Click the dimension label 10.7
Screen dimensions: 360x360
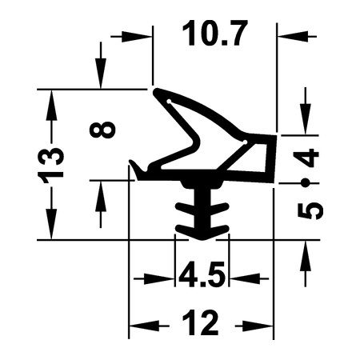(215, 34)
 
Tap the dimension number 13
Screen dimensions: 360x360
(50, 166)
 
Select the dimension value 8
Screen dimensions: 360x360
(102, 130)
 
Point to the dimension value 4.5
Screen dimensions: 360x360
(202, 274)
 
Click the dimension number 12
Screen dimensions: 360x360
(201, 322)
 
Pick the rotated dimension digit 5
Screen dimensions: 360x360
(310, 211)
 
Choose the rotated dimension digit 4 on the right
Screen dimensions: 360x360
(306, 158)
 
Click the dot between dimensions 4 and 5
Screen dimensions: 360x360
(306, 183)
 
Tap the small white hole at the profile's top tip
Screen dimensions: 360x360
(169, 102)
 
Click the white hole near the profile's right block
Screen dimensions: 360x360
(245, 142)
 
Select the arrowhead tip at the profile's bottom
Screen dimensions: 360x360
(202, 239)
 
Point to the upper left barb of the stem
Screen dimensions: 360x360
(185, 208)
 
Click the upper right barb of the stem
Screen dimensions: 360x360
(220, 208)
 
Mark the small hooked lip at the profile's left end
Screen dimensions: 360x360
(136, 169)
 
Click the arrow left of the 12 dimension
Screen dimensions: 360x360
(149, 326)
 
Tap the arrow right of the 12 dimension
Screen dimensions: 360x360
(254, 326)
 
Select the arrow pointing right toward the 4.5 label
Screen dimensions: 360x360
(154, 279)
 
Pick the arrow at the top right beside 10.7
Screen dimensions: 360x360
(297, 36)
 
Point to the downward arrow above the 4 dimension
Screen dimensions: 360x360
(306, 110)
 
